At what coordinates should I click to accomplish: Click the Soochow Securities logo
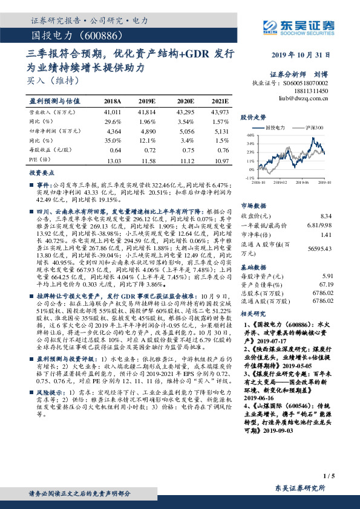(299, 26)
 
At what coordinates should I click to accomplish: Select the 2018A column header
(113, 102)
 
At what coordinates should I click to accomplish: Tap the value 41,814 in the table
(148, 113)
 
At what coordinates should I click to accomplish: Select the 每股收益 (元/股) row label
(51, 149)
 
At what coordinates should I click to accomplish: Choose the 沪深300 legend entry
(316, 128)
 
